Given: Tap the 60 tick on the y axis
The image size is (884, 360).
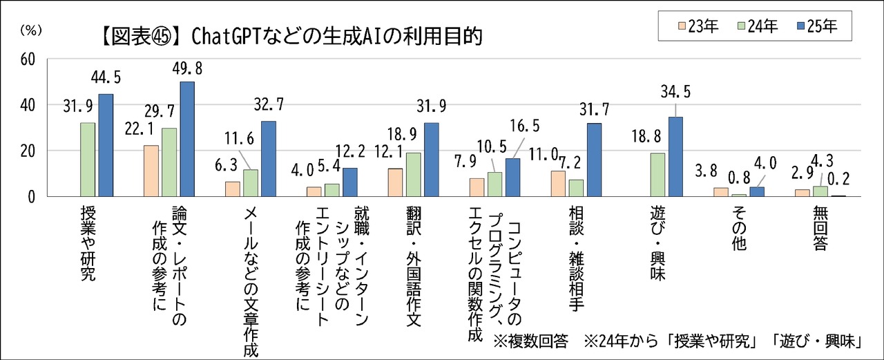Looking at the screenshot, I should click(x=28, y=59).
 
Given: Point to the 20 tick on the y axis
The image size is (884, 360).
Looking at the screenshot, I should click(x=28, y=151).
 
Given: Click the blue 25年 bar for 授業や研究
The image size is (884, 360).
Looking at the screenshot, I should click(x=106, y=145).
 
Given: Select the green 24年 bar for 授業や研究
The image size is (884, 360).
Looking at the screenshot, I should click(x=88, y=160).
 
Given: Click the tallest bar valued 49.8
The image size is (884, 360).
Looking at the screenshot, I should click(x=187, y=139).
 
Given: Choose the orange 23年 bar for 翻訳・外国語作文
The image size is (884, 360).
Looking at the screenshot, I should click(x=395, y=182).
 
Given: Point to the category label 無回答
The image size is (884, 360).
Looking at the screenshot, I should click(x=820, y=227).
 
